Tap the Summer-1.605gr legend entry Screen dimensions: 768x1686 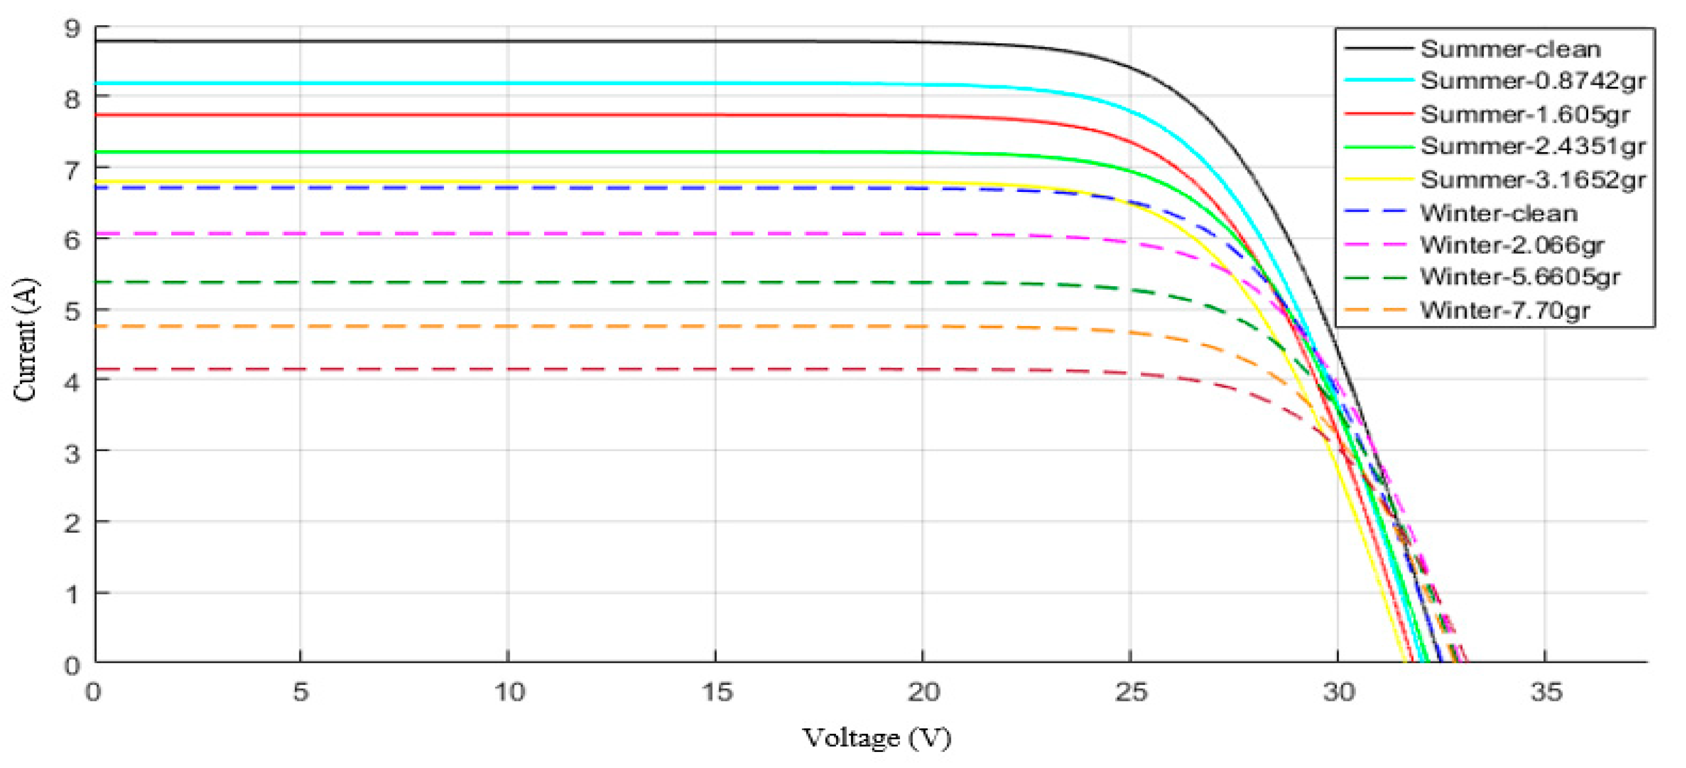[x=1524, y=114]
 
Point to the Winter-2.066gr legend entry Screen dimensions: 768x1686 [x=1511, y=245]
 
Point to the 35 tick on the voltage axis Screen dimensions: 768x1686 [x=1546, y=692]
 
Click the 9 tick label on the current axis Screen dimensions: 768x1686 [x=72, y=29]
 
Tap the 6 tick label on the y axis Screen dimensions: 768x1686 [x=72, y=240]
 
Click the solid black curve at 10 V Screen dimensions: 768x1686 [x=508, y=41]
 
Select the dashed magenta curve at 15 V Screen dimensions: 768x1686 [x=716, y=234]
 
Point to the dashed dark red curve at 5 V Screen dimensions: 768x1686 [x=300, y=369]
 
